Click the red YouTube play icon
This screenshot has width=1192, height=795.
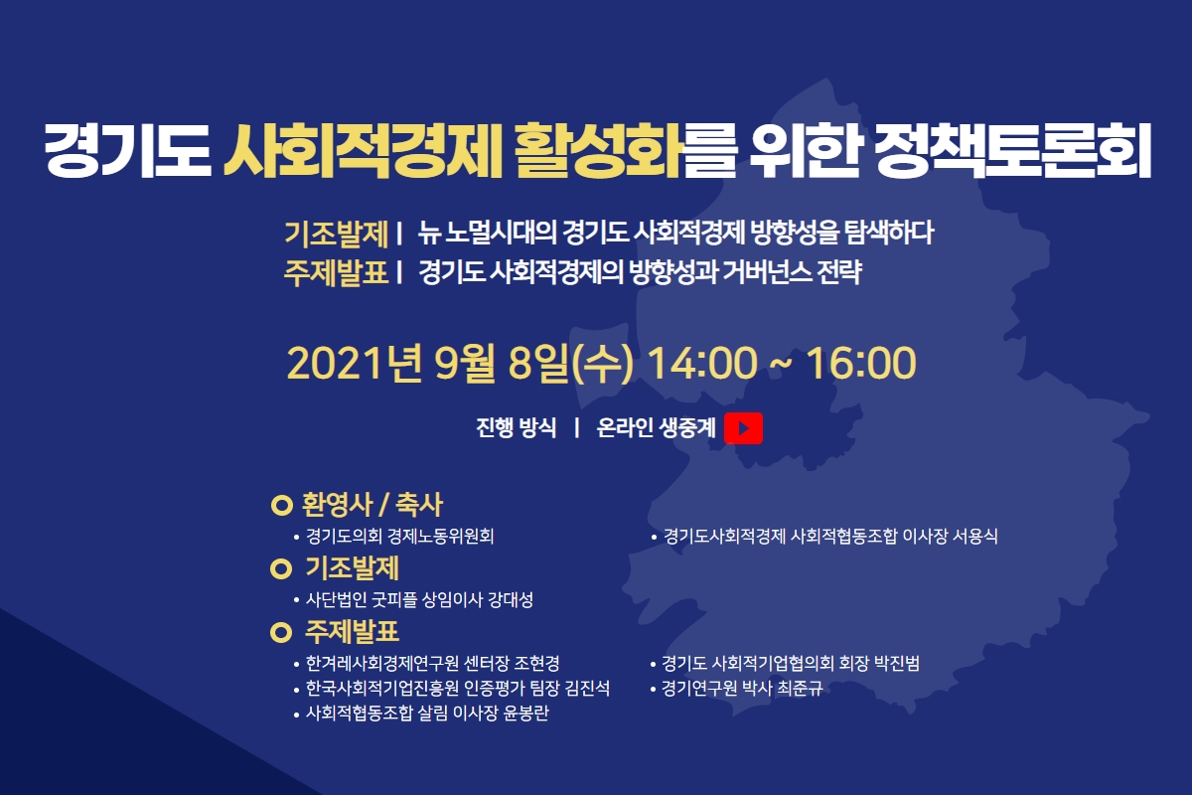click(x=743, y=428)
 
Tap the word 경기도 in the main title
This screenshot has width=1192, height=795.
click(x=128, y=151)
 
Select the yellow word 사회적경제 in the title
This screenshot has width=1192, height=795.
click(x=363, y=151)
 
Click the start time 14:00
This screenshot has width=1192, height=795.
click(x=702, y=363)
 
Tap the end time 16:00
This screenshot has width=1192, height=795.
click(x=861, y=363)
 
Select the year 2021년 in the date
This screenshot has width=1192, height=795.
click(x=355, y=363)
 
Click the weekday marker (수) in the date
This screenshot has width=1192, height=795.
click(x=602, y=365)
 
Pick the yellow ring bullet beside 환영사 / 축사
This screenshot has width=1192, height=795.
click(x=281, y=506)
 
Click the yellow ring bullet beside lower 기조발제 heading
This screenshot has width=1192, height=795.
click(x=281, y=568)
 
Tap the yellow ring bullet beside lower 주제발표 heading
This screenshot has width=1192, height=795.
click(x=281, y=633)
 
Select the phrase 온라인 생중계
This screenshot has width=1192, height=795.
click(x=657, y=427)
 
